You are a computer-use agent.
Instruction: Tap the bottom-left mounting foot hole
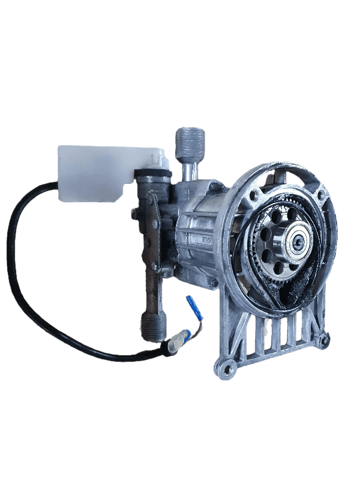click(x=226, y=368)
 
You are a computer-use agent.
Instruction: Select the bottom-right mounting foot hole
click(x=325, y=341)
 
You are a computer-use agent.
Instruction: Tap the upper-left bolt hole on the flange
click(x=257, y=195)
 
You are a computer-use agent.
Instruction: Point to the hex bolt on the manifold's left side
click(x=133, y=213)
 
